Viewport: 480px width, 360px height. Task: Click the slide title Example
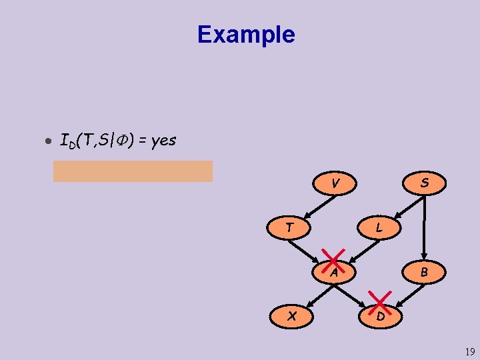(x=246, y=34)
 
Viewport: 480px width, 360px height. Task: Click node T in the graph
(x=289, y=227)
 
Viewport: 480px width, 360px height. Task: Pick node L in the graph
(x=379, y=227)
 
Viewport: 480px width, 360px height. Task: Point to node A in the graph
(x=335, y=271)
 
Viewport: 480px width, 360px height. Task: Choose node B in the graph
(x=423, y=272)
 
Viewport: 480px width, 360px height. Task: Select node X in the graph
(x=291, y=316)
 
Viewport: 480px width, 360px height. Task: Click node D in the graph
(x=379, y=316)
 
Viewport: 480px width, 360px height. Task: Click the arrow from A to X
(x=313, y=294)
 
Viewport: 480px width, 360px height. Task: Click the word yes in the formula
(x=163, y=141)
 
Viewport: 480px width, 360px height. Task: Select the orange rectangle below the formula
(x=133, y=171)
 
